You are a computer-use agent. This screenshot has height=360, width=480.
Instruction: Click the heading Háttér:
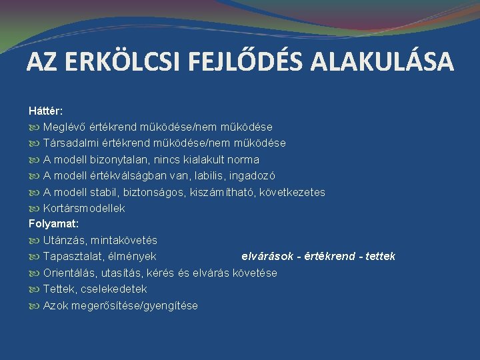pos(46,111)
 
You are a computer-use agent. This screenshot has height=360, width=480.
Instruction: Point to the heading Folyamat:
pos(53,224)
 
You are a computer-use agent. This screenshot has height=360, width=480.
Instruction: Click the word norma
pos(243,159)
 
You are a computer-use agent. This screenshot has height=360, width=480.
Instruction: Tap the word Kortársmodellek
pos(84,208)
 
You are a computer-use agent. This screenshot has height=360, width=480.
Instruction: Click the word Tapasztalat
pos(71,256)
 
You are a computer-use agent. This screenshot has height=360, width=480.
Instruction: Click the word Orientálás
pos(69,273)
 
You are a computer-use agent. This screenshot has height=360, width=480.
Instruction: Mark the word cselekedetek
pos(115,289)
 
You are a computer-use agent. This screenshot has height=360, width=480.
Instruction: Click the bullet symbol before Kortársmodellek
pos(35,208)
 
